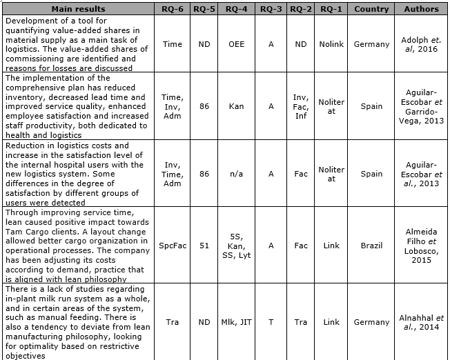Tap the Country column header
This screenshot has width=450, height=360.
371,9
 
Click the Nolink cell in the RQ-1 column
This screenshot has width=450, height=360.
331,44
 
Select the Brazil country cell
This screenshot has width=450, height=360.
371,244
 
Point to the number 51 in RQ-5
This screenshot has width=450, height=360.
203,244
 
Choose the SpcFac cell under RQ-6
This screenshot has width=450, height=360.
172,244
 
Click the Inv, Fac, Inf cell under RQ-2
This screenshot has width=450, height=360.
300,108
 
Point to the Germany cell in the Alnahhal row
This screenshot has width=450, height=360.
371,322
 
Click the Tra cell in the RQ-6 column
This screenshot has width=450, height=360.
172,322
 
